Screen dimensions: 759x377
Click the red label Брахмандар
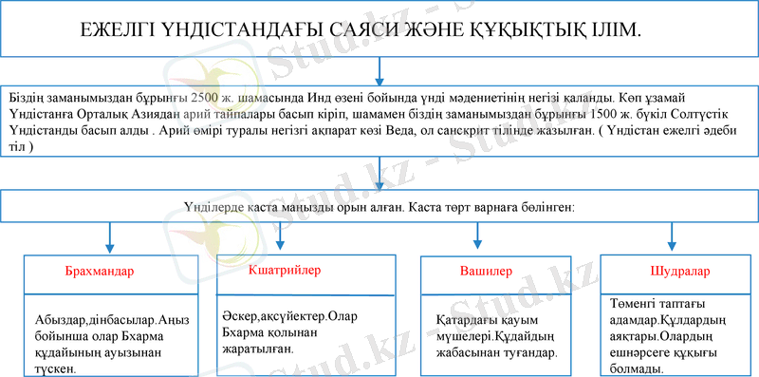point(100,272)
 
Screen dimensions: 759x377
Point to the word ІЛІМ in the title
point(614,30)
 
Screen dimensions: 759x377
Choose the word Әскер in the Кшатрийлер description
point(244,315)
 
